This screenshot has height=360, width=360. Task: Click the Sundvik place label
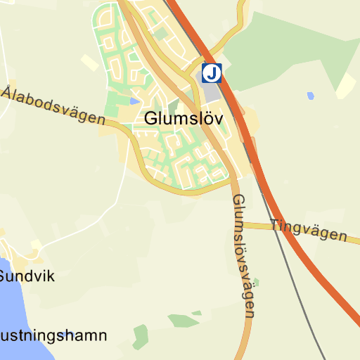click(x=26, y=276)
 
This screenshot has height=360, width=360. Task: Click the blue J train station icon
click(x=212, y=72)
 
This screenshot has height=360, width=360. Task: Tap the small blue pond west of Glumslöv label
click(x=134, y=102)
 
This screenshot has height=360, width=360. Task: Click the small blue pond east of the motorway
click(x=310, y=96)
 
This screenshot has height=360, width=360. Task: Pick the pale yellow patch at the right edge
click(x=346, y=85)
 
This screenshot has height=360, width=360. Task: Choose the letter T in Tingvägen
click(x=275, y=224)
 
